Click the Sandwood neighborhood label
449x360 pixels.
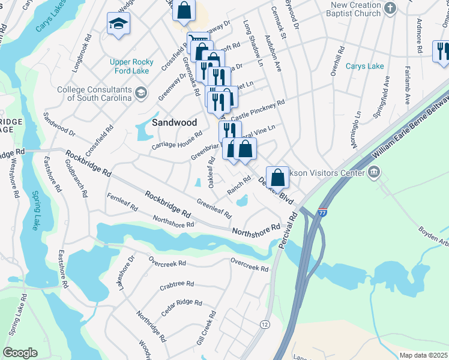[x=174, y=122]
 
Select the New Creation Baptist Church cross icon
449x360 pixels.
[x=391, y=8]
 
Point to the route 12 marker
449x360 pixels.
[x=265, y=324]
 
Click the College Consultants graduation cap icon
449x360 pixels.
[x=141, y=92]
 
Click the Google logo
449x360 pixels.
[x=20, y=352]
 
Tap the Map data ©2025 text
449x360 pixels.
[x=423, y=355]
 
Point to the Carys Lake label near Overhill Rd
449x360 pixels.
[x=364, y=66]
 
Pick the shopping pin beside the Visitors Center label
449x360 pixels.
[x=277, y=176]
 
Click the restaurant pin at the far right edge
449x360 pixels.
[x=442, y=51]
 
